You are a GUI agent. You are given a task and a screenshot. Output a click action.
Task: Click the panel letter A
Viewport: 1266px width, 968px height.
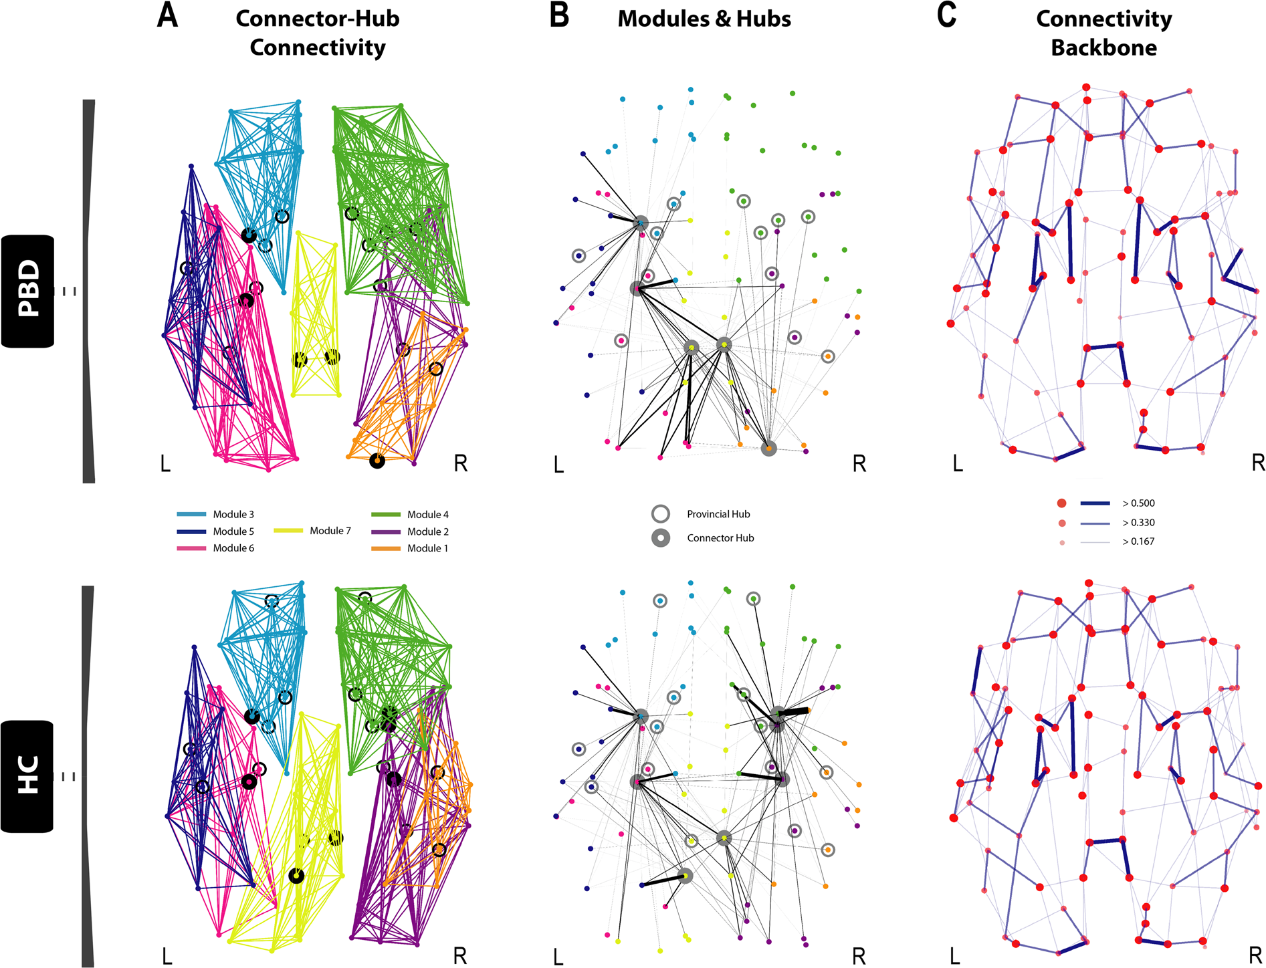[168, 16]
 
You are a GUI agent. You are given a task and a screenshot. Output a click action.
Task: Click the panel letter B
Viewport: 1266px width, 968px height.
[558, 16]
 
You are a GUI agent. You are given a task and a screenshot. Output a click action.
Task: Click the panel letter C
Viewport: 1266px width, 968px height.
[946, 16]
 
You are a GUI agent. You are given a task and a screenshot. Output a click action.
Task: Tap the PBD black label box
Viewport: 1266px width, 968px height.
[27, 291]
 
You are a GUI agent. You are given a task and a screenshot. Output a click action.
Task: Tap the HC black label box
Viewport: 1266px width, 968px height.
[27, 776]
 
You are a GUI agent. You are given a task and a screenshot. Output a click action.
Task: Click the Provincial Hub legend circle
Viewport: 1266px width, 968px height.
[661, 514]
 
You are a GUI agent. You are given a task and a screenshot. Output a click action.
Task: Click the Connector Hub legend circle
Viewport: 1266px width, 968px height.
[661, 538]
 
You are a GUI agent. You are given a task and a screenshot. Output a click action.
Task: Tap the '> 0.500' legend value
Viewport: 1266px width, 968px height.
[1138, 503]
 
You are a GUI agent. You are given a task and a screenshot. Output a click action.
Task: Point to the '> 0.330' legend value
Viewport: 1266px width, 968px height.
[1138, 523]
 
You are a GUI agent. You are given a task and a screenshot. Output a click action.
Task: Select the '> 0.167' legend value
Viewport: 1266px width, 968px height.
[1138, 541]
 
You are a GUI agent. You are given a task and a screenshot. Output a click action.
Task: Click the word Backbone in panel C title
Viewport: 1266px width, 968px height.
[1103, 47]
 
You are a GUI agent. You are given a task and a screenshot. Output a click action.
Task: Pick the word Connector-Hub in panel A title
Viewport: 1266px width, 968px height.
[318, 19]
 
